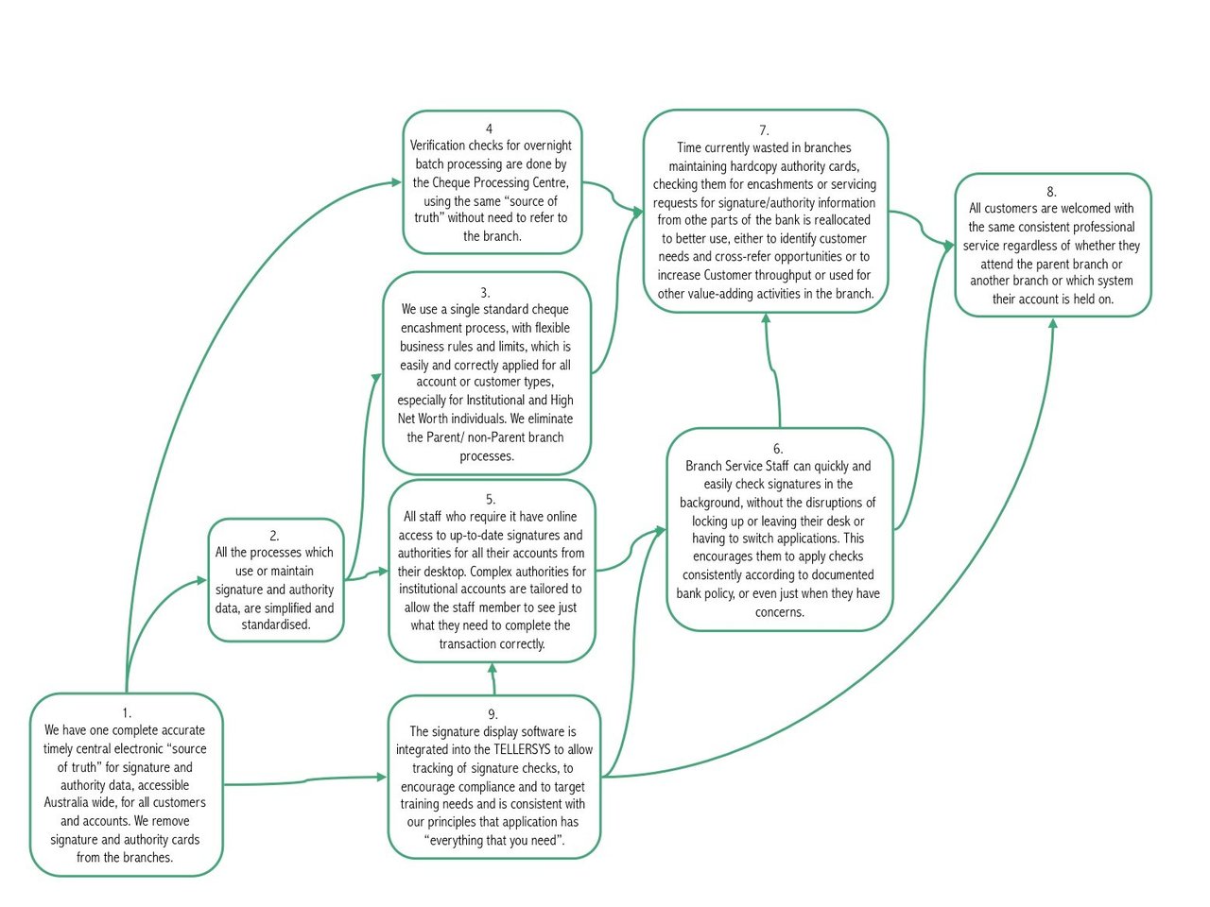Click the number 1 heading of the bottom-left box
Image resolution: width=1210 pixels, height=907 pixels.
(x=126, y=712)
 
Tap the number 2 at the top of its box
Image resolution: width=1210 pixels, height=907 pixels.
(x=275, y=535)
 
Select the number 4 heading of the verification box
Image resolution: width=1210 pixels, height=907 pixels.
(x=489, y=128)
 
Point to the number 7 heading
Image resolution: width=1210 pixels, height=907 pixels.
(x=764, y=130)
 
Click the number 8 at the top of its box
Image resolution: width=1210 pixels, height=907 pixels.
(x=1051, y=191)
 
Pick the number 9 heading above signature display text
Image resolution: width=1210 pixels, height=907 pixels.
(x=493, y=713)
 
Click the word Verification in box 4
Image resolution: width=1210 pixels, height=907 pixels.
(x=438, y=145)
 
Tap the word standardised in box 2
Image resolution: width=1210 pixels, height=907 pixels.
(x=276, y=625)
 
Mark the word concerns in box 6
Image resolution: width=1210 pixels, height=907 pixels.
(x=779, y=612)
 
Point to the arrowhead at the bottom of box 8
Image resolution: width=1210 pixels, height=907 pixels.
(x=1052, y=324)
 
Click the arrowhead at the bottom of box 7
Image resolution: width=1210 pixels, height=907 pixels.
(x=766, y=319)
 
